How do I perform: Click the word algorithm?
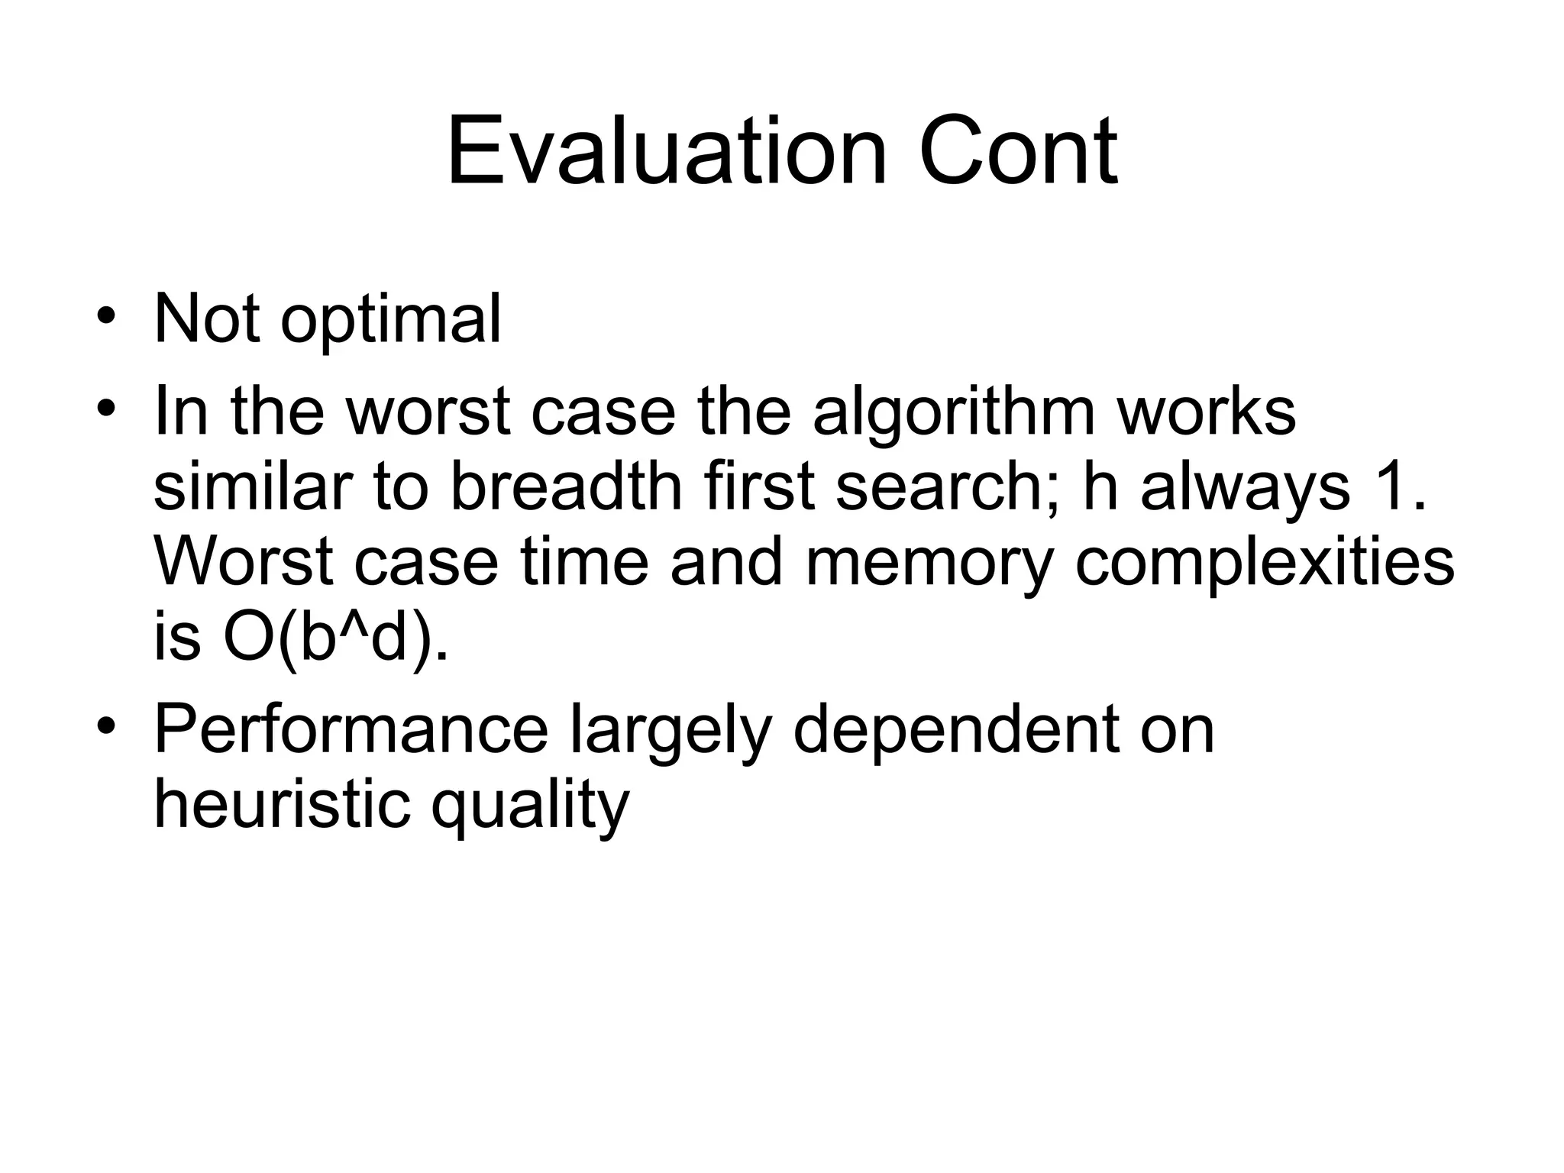954,412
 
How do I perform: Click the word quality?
530,806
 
